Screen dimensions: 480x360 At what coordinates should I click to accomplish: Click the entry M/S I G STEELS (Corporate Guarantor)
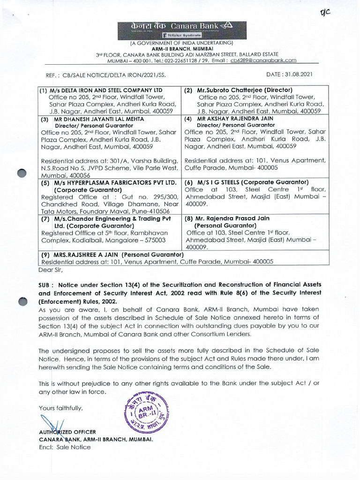[x=247, y=182]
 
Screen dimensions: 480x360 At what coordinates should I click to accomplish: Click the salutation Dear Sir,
[x=49, y=270]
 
